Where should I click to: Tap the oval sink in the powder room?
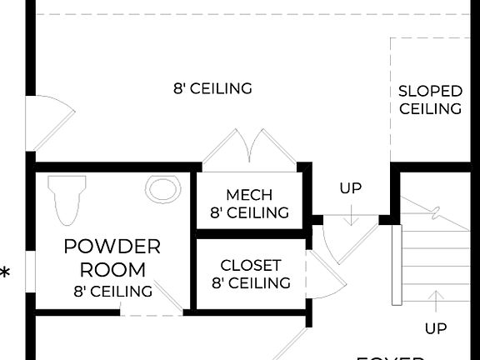[162, 189]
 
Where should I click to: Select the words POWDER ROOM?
[112, 258]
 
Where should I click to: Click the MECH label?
[249, 195]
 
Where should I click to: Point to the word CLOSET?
[250, 265]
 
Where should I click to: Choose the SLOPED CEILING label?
[430, 100]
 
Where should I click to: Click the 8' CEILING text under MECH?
[249, 212]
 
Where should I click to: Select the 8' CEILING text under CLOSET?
[250, 283]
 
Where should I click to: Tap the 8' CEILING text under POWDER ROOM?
[112, 291]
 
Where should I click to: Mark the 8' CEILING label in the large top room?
[212, 88]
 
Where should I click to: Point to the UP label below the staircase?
[435, 328]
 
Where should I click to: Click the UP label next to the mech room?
[351, 188]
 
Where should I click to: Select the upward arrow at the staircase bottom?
[435, 300]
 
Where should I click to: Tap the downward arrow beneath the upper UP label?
[351, 215]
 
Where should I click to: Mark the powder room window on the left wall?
[30, 272]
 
